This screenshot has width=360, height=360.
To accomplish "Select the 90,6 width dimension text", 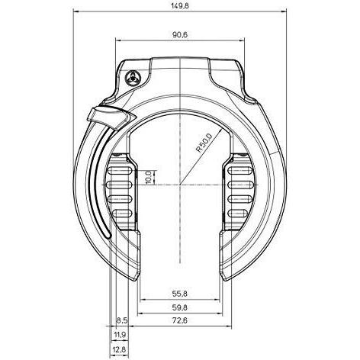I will (x=180, y=34).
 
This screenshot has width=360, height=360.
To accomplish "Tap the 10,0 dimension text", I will (x=148, y=177).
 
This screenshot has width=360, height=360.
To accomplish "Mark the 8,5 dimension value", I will (x=121, y=320).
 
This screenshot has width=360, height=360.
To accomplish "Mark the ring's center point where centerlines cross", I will (x=181, y=184).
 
